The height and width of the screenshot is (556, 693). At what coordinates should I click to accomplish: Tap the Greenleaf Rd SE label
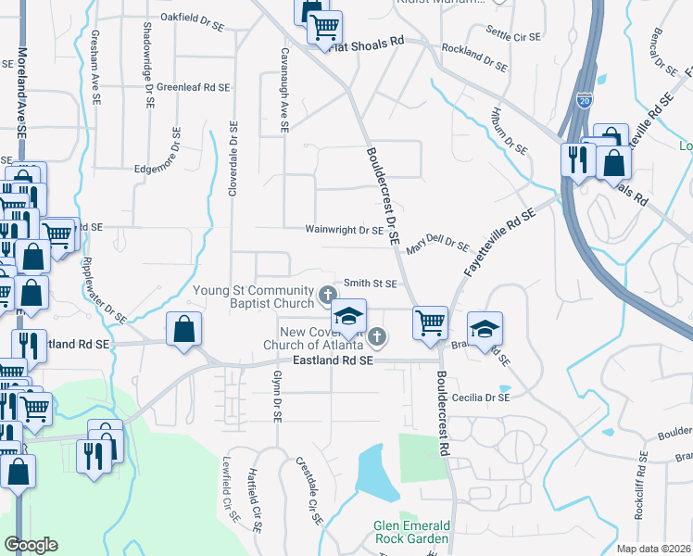(193, 87)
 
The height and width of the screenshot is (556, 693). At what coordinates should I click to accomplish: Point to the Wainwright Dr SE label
(344, 229)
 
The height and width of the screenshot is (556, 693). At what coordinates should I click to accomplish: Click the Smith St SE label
(371, 284)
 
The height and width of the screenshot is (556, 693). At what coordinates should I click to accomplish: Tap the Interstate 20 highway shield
(584, 100)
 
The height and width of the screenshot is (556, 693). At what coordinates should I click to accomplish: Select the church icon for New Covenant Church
(376, 335)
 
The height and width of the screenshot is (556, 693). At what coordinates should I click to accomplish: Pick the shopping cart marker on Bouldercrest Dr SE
(430, 323)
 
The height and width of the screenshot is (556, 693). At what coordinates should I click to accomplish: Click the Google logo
(31, 545)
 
